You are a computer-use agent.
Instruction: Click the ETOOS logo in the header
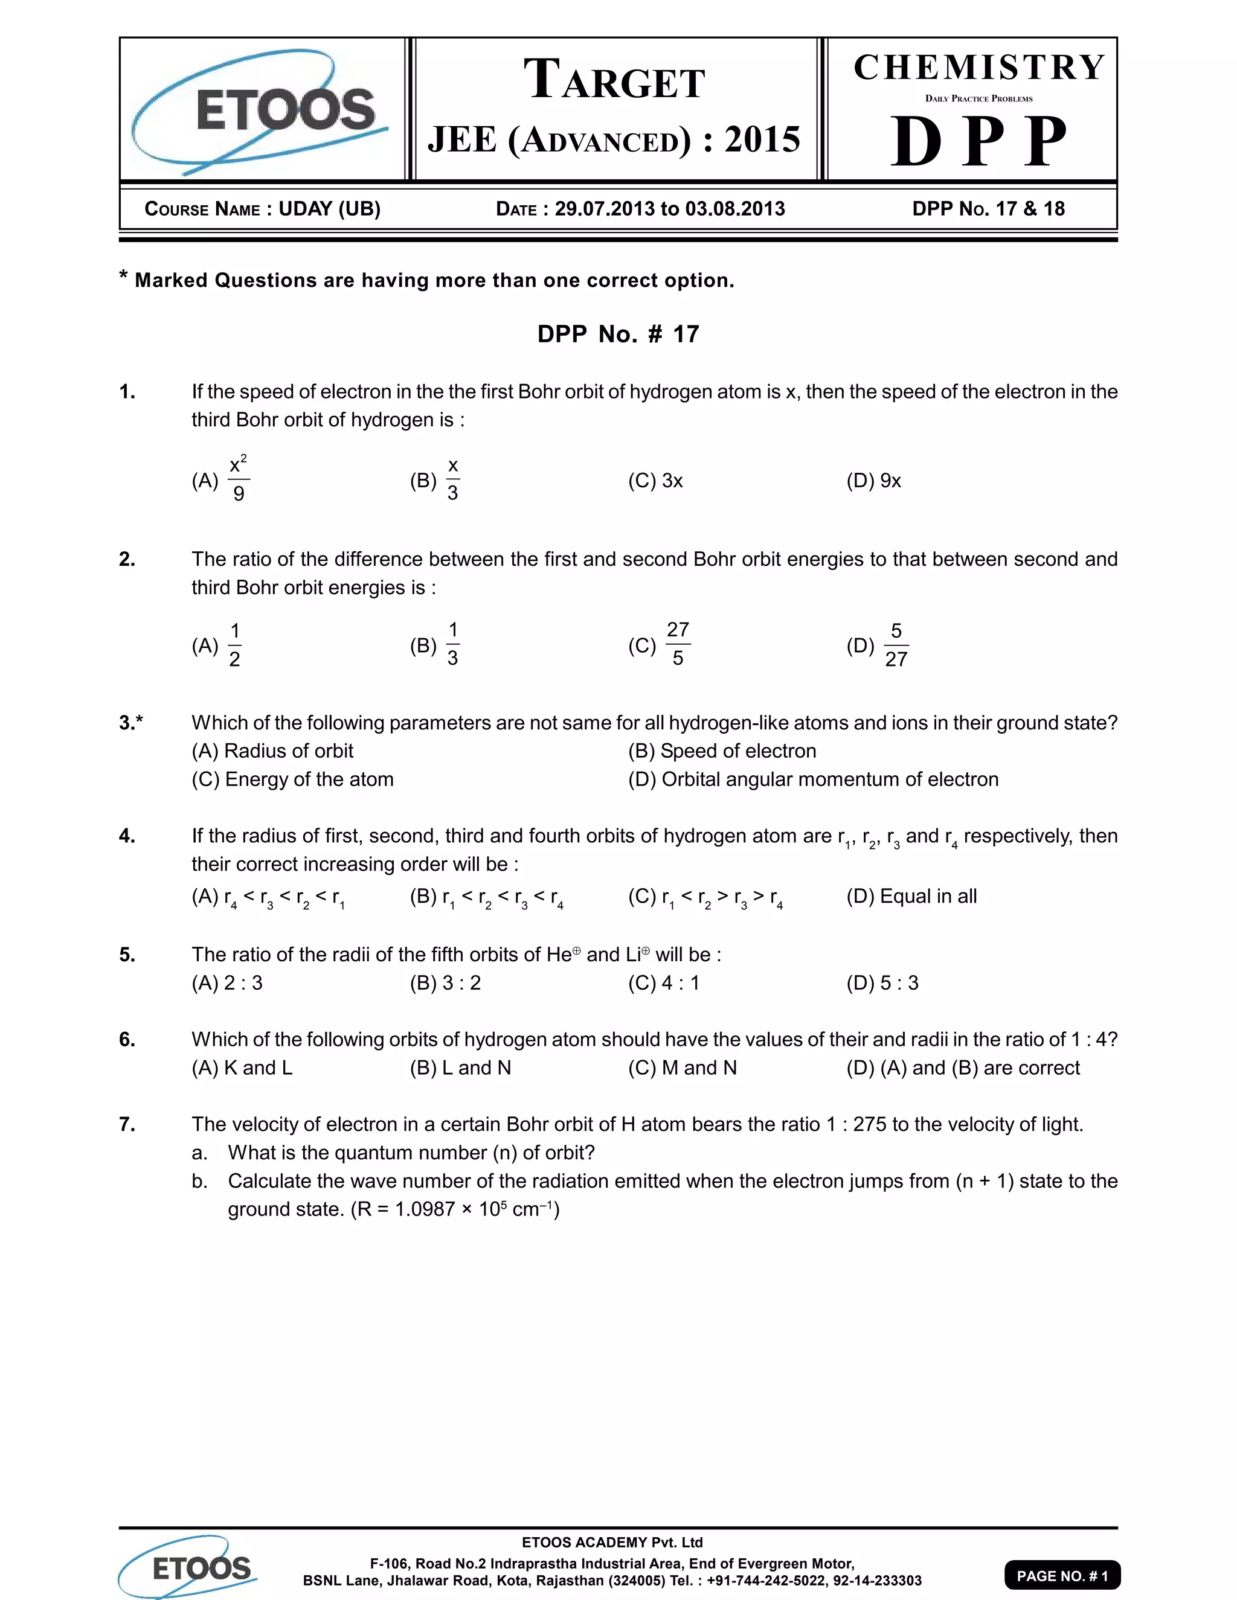pos(262,110)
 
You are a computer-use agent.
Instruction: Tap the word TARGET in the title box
pos(614,80)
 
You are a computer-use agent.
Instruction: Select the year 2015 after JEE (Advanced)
pos(762,139)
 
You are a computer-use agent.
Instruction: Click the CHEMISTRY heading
pos(979,68)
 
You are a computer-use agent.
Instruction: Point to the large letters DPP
pos(979,141)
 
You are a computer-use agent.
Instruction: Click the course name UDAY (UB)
pos(329,209)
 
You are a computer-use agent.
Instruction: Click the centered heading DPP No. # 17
pos(618,334)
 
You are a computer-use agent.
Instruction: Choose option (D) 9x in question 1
pos(873,481)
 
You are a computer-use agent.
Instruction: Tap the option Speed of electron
pos(722,751)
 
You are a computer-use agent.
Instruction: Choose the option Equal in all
pos(911,896)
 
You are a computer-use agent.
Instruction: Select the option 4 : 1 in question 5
pos(664,982)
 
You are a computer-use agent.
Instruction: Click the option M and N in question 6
pos(683,1067)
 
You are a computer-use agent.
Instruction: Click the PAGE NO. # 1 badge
pos(1062,1575)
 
